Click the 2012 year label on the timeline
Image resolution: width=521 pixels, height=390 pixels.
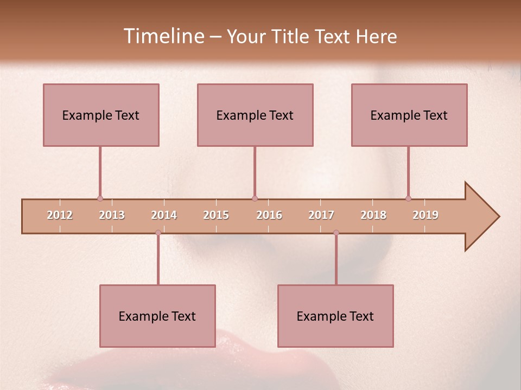click(60, 215)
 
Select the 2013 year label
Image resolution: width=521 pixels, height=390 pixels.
click(112, 215)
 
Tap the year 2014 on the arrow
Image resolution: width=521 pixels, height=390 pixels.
click(164, 215)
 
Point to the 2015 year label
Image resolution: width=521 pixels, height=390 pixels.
click(216, 215)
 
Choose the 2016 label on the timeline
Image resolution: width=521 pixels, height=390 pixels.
click(269, 215)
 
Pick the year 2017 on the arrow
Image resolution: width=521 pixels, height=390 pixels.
click(321, 215)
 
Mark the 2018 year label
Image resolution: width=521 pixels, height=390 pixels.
click(373, 215)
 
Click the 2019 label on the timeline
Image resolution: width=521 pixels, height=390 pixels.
click(425, 215)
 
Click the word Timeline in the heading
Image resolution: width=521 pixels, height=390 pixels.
click(163, 36)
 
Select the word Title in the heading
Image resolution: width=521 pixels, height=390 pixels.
click(291, 36)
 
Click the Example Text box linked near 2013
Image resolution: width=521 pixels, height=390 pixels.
click(101, 115)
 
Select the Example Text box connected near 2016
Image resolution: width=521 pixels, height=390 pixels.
click(255, 115)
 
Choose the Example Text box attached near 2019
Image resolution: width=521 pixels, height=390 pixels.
click(409, 115)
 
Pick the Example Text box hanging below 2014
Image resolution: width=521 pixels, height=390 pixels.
click(157, 316)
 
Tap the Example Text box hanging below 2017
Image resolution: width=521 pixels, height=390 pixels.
click(335, 316)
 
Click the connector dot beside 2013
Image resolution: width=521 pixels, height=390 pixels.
click(100, 198)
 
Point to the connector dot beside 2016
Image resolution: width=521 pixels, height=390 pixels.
click(255, 198)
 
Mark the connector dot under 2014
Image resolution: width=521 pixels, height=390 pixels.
click(158, 232)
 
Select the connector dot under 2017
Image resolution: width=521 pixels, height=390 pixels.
click(336, 232)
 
